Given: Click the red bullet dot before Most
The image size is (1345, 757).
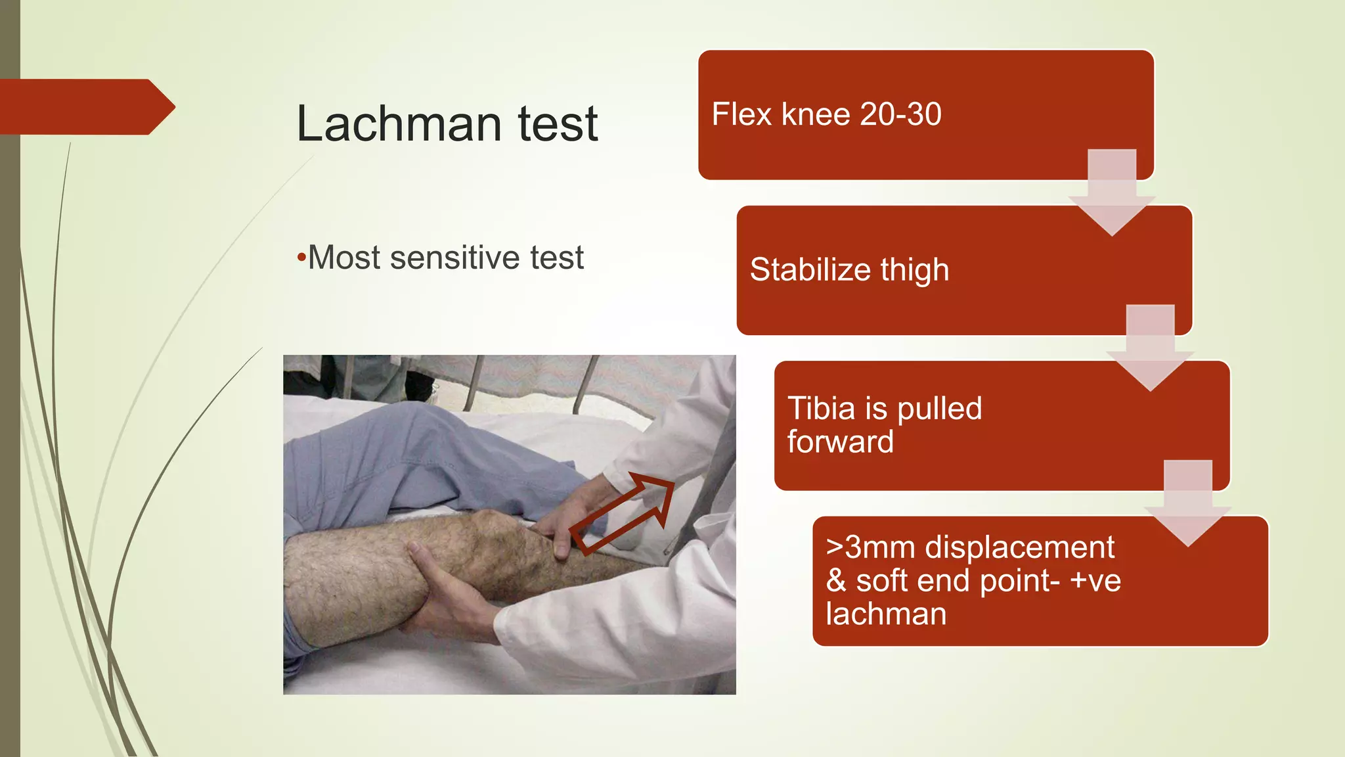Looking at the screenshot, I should point(301,257).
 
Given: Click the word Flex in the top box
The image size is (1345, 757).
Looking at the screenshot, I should point(741,114).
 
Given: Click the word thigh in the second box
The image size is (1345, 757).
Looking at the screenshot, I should point(915,270).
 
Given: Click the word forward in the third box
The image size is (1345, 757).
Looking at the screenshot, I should point(840,442).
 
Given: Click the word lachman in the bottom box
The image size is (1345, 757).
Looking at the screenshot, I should point(886,614).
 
